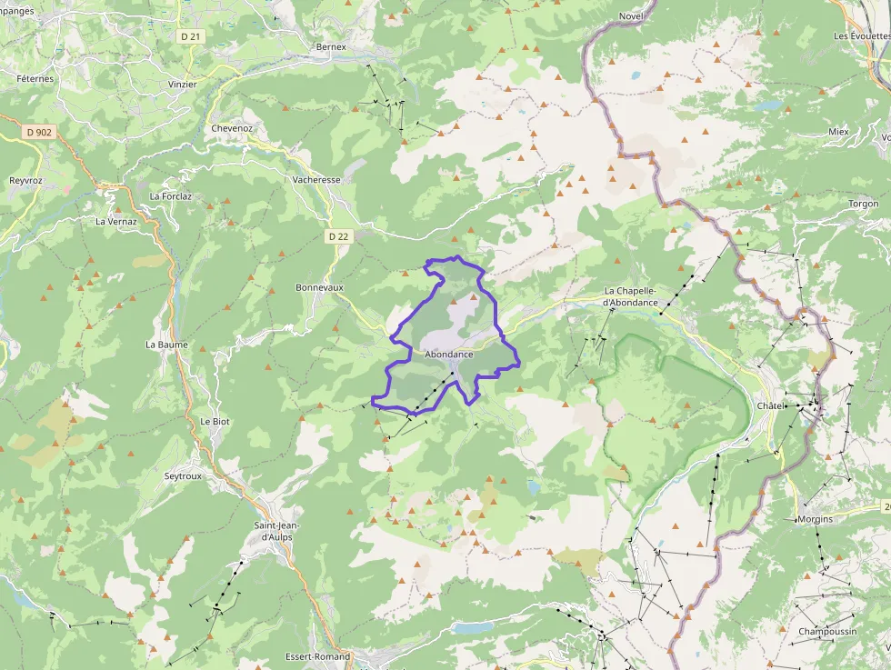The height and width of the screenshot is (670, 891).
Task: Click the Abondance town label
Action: (449, 354)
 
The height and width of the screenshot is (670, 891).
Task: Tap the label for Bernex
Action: (331, 46)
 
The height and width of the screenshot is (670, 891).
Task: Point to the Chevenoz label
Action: (232, 128)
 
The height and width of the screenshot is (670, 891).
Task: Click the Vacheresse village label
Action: (316, 180)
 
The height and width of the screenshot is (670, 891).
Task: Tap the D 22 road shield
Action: (338, 236)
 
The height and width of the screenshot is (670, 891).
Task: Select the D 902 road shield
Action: (40, 132)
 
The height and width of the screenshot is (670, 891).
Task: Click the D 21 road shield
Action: (189, 35)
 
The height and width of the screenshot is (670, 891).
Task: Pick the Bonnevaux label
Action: (320, 287)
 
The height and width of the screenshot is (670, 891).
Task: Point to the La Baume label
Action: (166, 345)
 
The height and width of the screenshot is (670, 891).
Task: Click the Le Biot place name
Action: (215, 422)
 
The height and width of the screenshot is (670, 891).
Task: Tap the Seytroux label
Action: (183, 476)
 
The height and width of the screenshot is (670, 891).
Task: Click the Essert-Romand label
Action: (317, 656)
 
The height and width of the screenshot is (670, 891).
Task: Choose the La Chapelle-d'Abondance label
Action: (644, 296)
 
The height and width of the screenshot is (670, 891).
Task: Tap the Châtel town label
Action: (772, 405)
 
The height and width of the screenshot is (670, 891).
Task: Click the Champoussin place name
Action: (828, 632)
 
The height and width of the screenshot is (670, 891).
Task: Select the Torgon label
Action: (864, 204)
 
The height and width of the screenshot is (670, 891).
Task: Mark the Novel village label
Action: (631, 16)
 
